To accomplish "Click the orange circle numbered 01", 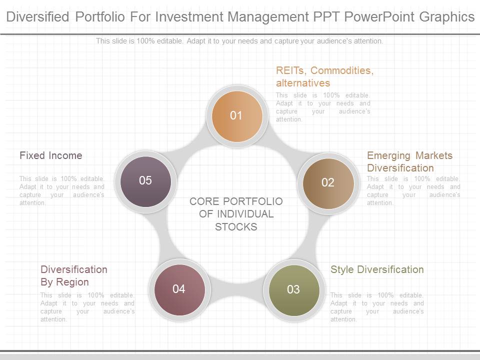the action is click(237, 116).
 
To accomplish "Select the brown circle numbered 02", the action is click(328, 183).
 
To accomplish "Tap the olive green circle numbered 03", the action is click(294, 290).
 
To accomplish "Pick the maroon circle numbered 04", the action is click(179, 290).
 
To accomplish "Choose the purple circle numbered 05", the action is click(145, 181).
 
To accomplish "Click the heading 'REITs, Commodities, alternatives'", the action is click(325, 76).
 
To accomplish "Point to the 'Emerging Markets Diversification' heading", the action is click(409, 161).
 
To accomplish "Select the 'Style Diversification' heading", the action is click(377, 269).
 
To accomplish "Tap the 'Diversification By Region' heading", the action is click(74, 275).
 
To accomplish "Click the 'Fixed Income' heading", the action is click(51, 155).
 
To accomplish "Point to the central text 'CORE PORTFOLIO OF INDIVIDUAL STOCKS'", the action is click(236, 214).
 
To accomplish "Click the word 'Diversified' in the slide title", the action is click(37, 16).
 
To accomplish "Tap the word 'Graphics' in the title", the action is click(447, 17).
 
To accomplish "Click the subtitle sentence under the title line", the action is click(239, 41).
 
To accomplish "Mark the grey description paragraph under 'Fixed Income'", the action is click(62, 190).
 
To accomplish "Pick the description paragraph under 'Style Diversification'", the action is click(377, 307).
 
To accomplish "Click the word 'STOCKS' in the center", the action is click(236, 227).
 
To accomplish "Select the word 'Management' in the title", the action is click(268, 17).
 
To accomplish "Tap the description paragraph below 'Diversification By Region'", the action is click(87, 307).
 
